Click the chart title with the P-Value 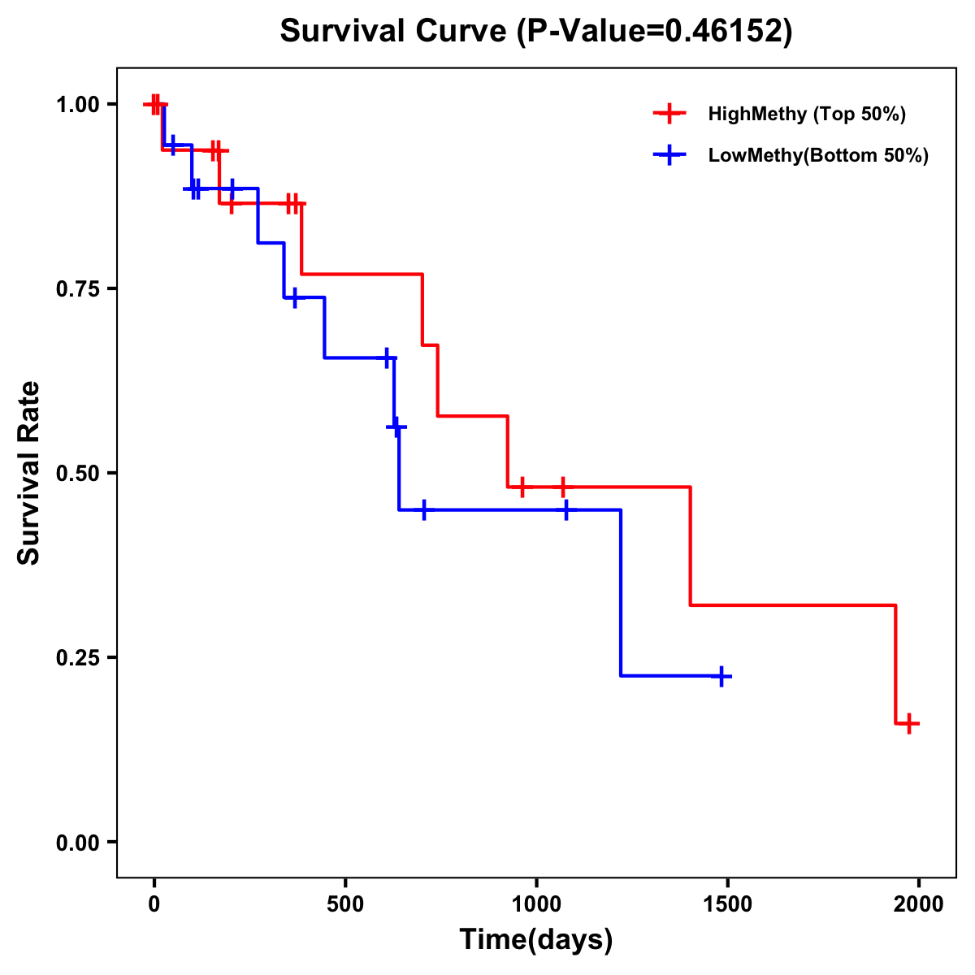535,31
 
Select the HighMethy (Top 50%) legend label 806,114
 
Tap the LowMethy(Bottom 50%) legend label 818,155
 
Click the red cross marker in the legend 669,114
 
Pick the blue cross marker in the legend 669,155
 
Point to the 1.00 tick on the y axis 78,105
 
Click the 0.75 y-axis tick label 78,289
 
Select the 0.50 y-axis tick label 78,474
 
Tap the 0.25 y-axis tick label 78,658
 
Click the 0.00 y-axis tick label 78,843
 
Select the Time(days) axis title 536,940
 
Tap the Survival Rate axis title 29,473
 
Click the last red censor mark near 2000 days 909,723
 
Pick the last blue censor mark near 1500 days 721,676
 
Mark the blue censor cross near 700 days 423,510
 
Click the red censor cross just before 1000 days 522,487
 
